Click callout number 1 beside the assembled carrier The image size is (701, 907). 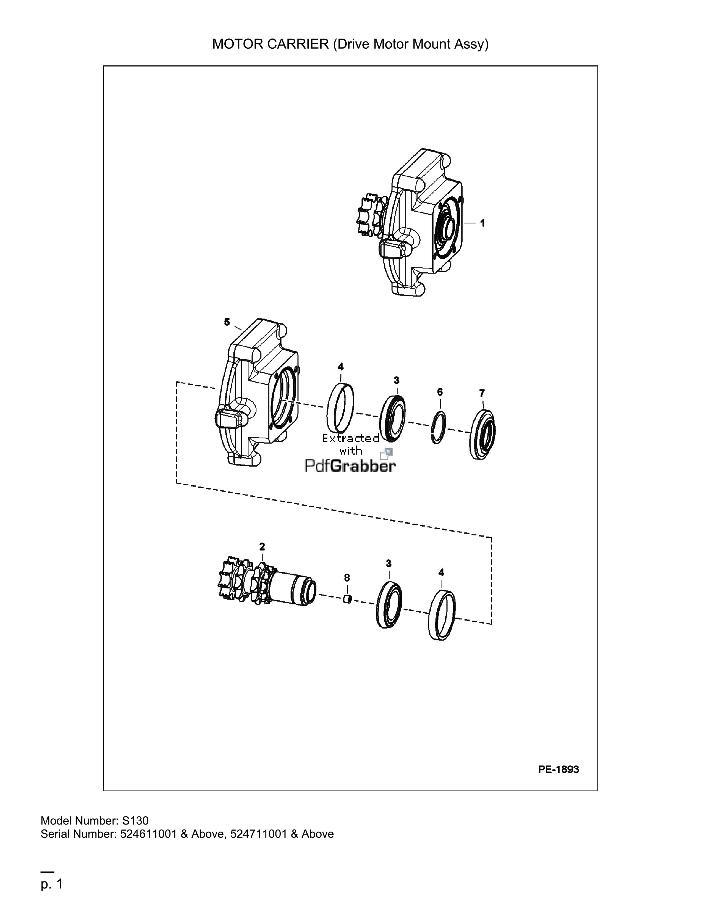(482, 223)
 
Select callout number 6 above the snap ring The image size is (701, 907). (440, 392)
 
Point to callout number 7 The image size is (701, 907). (482, 393)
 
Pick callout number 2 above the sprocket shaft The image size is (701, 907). (262, 546)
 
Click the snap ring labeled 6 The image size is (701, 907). (439, 427)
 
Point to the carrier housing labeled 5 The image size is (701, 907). (257, 393)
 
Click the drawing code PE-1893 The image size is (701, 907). (559, 769)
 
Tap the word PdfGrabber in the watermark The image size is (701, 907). (350, 466)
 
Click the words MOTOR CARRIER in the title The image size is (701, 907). (270, 44)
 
